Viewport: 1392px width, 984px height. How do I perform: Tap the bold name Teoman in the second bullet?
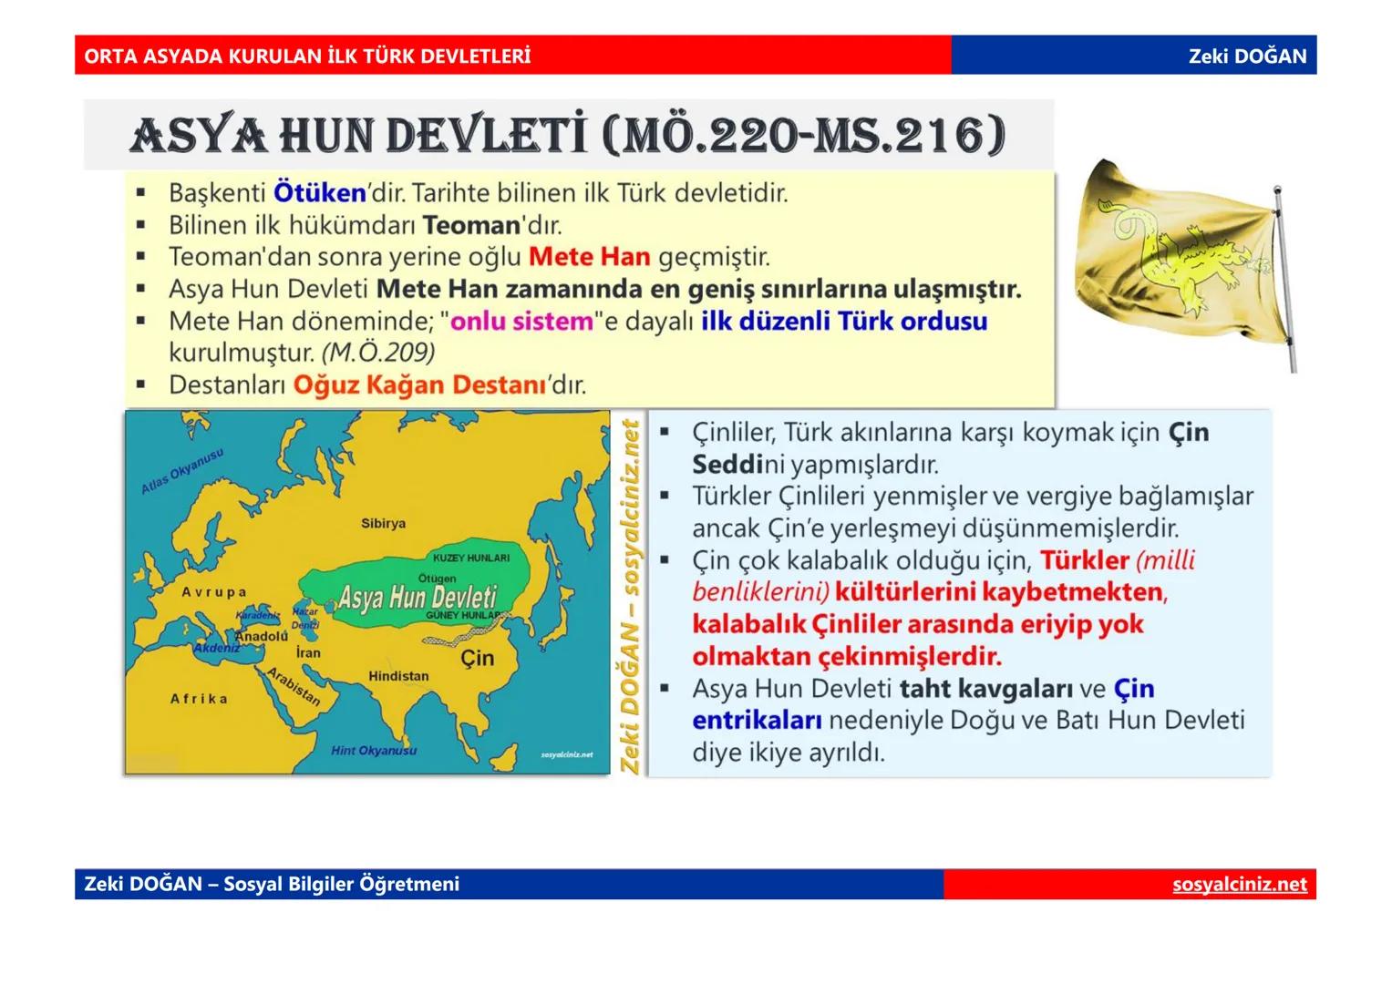coord(470,225)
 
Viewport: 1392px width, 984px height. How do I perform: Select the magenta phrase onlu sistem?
coord(521,322)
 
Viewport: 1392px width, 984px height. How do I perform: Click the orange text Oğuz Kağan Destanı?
coord(419,385)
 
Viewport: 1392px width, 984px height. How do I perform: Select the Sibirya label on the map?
coord(383,524)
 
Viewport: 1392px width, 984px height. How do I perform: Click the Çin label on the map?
coord(477,658)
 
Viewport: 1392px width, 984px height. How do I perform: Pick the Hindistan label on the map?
coord(397,676)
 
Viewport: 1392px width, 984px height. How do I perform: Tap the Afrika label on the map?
coord(199,699)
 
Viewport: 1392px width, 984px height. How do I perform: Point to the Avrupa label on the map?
coord(213,592)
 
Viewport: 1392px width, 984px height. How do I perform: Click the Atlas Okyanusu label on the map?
coord(181,472)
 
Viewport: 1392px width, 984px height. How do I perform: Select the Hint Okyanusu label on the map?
coord(374,751)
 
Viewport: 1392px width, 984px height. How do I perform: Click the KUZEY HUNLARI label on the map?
coord(471,558)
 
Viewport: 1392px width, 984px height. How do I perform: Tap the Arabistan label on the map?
coord(294,686)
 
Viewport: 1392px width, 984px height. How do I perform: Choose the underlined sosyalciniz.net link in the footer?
coord(1239,885)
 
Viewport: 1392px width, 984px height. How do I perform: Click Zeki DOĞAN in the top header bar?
coord(1246,56)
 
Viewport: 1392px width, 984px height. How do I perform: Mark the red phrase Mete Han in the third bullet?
coord(589,257)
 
